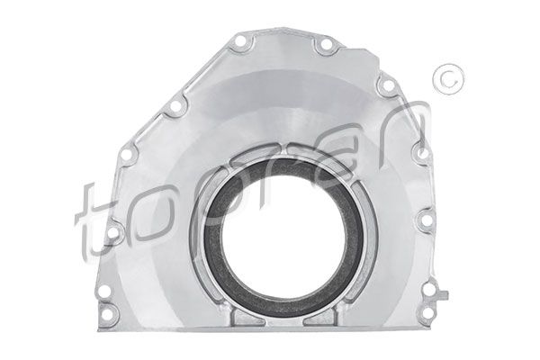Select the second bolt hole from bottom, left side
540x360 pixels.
coord(104,292)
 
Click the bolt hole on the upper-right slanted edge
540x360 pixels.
coord(388,86)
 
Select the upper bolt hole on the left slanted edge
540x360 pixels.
coord(175,107)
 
